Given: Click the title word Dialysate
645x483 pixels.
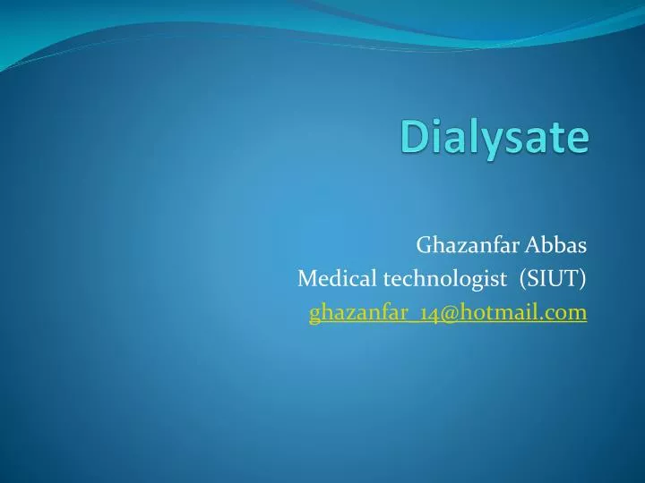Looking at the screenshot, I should click(494, 140).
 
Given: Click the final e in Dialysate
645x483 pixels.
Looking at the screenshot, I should click(579, 142).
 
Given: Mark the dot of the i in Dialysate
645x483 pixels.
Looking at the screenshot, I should click(435, 123).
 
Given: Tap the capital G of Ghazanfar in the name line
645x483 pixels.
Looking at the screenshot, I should click(423, 244).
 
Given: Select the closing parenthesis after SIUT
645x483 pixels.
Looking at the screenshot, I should click(583, 279).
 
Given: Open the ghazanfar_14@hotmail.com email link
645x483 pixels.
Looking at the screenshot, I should click(448, 312).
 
